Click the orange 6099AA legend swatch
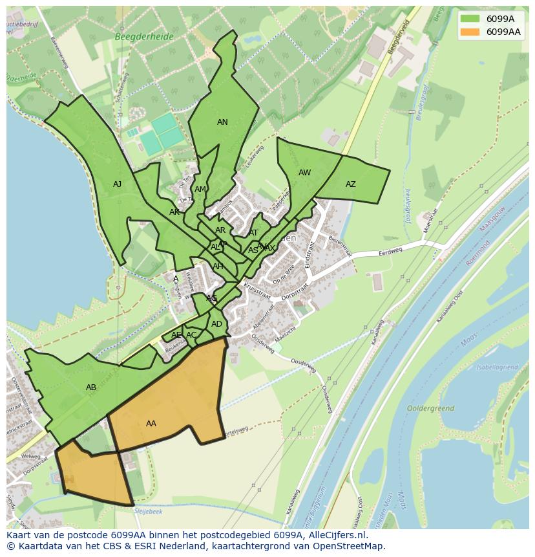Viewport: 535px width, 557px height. tap(470, 32)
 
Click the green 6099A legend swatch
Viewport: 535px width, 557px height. tap(470, 19)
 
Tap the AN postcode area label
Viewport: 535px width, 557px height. tap(222, 122)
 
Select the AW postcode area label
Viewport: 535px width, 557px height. tap(304, 173)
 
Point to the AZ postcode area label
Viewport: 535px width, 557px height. tap(350, 184)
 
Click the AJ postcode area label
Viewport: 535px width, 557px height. tap(117, 184)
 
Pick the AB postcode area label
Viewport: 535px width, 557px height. tap(91, 388)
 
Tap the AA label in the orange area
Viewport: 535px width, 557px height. tap(151, 424)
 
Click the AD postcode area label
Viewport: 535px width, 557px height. tap(216, 324)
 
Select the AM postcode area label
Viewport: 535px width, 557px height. tap(200, 190)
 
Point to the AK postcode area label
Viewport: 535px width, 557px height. tap(174, 212)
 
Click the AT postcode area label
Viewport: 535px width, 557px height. tap(253, 233)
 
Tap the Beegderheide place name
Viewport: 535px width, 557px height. tap(144, 37)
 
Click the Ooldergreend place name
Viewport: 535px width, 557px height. tap(430, 409)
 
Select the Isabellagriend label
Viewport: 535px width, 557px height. tap(497, 367)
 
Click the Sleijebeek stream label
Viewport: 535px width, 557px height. tap(149, 511)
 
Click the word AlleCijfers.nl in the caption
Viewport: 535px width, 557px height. tap(335, 535)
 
